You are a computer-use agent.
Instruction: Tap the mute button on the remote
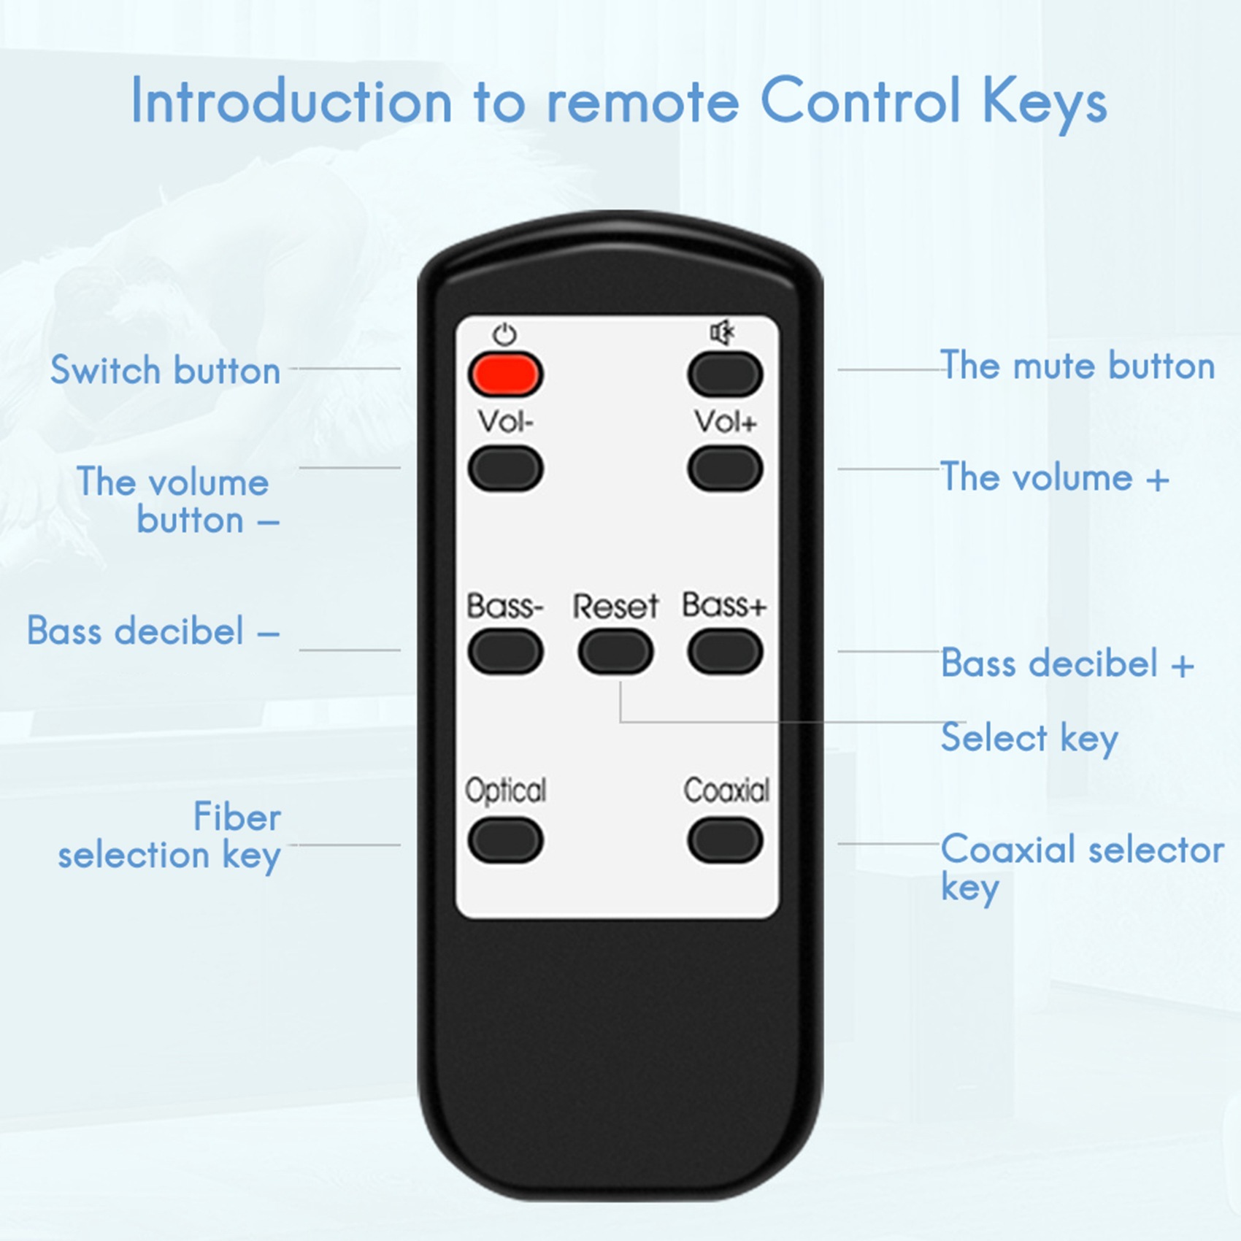point(725,374)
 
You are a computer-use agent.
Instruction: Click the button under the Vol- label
point(505,469)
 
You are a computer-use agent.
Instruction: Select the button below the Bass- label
point(505,652)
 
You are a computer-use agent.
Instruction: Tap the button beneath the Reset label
point(615,652)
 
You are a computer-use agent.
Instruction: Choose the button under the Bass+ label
point(725,652)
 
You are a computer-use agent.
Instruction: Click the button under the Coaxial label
point(725,840)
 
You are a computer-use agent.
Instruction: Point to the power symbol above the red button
point(504,334)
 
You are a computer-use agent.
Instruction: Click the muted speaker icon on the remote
point(723,332)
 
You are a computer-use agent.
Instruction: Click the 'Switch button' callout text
point(165,369)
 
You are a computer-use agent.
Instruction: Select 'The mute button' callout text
point(1077,365)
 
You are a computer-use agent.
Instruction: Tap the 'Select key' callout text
point(1029,738)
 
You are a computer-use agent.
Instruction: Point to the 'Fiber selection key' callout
point(169,836)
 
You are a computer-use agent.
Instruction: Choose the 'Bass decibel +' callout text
point(1067,664)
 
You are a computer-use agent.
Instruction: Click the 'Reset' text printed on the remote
point(615,606)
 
